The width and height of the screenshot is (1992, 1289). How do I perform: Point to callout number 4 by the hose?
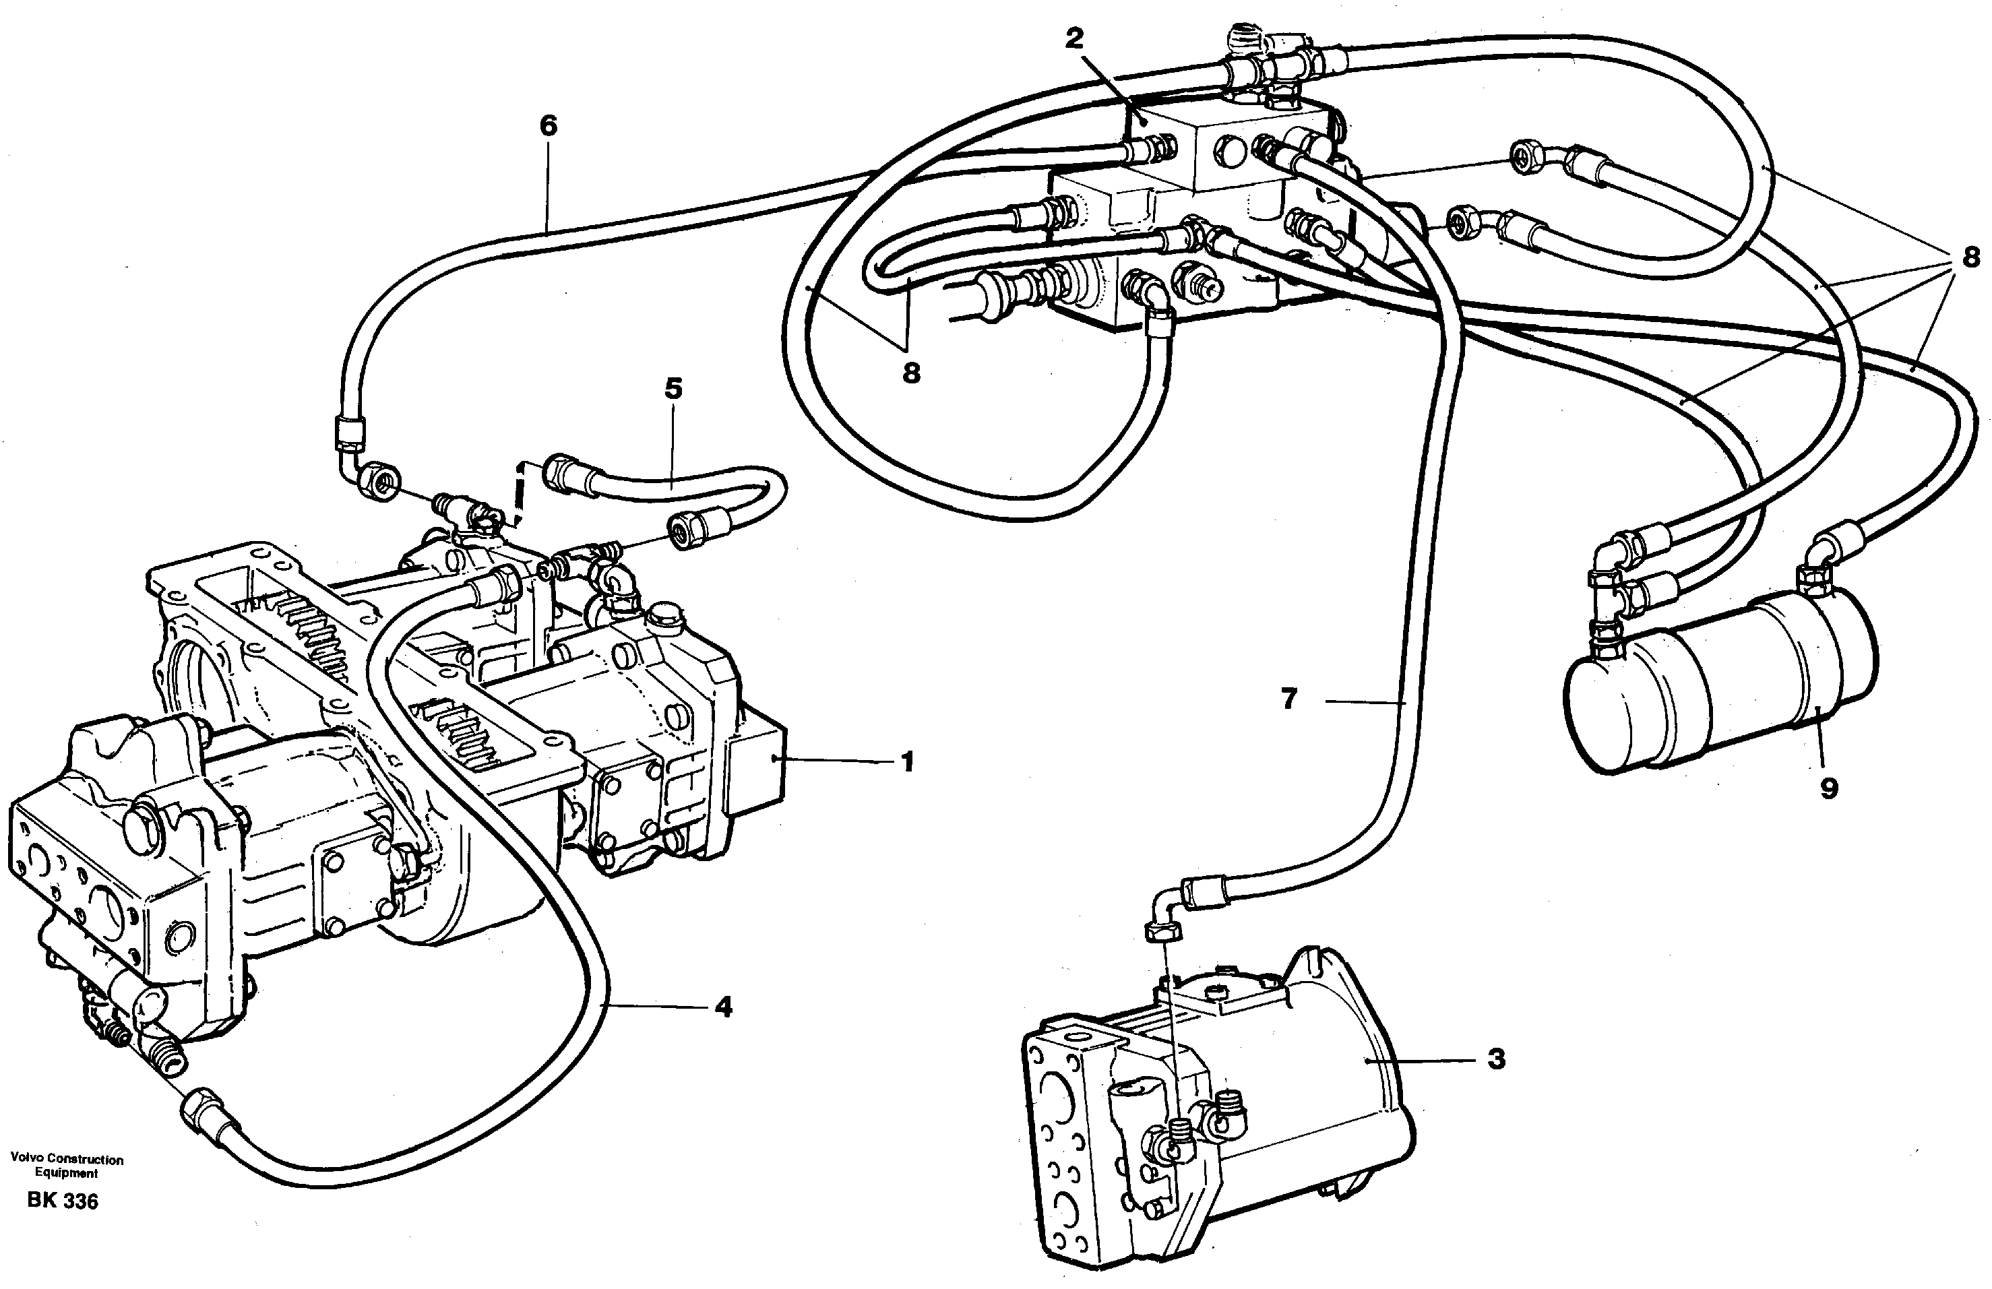[x=723, y=1006]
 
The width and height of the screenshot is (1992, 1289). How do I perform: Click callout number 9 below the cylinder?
[x=1828, y=788]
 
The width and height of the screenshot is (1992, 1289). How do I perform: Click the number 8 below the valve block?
[x=910, y=373]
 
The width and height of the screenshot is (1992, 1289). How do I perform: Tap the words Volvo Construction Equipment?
[x=66, y=1165]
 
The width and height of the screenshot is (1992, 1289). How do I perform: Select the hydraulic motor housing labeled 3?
[x=1306, y=1088]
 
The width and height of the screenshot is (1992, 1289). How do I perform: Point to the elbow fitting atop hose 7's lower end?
[x=1168, y=908]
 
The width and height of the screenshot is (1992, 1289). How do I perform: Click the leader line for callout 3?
[x=1423, y=1061]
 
